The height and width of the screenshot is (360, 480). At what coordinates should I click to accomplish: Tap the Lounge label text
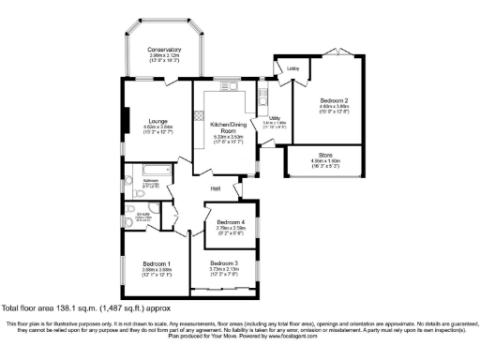point(130,121)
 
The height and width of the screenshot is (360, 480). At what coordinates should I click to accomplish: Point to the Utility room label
point(275,118)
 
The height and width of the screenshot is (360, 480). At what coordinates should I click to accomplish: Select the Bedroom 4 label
point(231,221)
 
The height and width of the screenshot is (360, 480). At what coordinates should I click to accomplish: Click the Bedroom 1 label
point(157,262)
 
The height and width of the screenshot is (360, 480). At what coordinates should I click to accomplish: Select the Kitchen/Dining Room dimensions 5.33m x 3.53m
point(227,137)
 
